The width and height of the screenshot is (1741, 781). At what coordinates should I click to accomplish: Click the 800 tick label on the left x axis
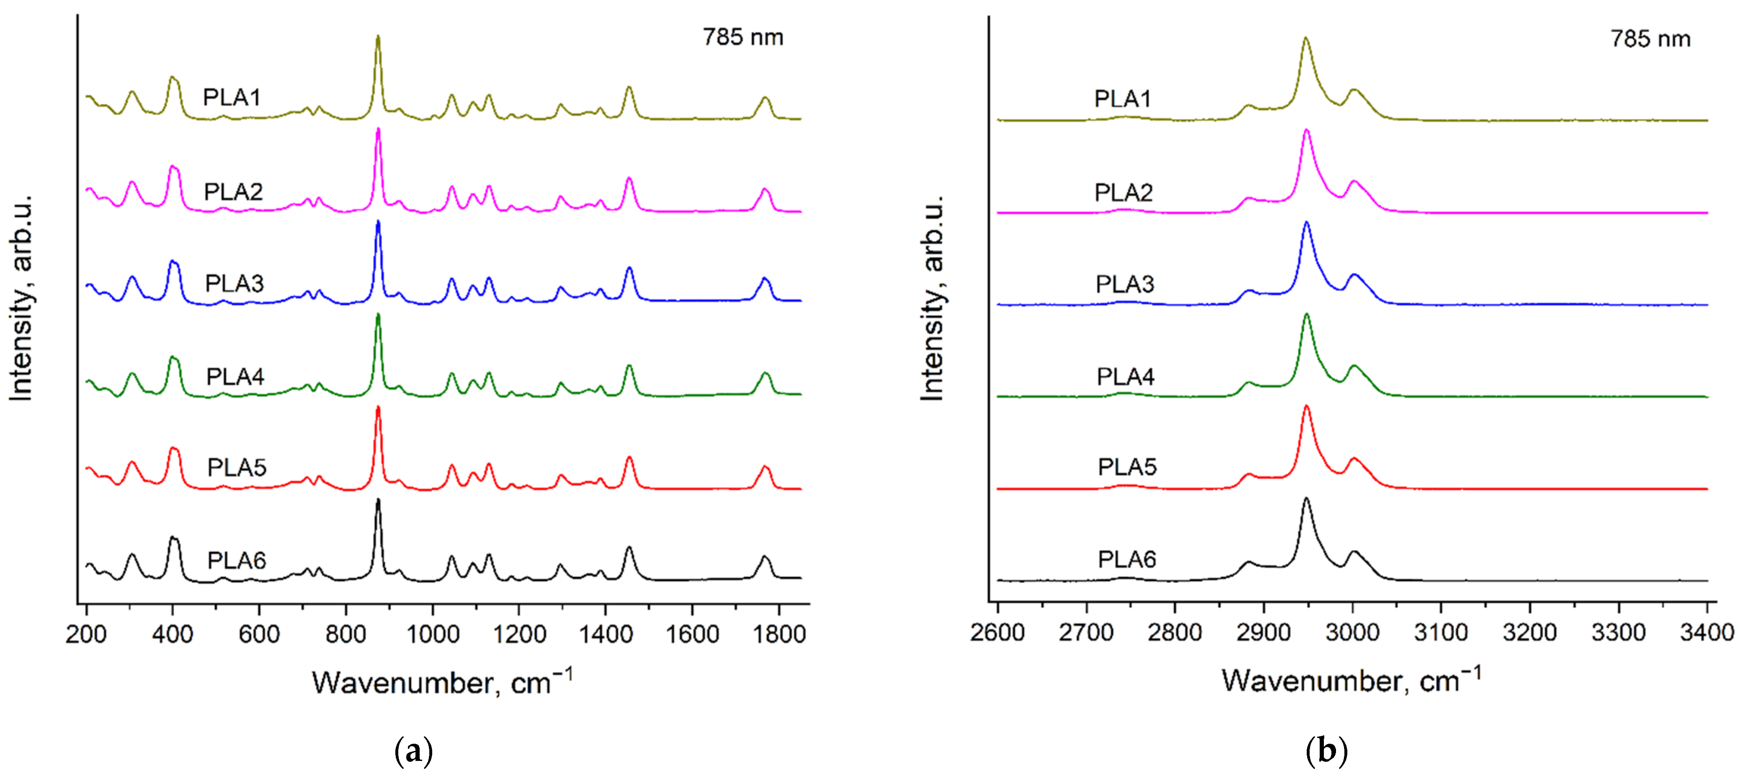(346, 635)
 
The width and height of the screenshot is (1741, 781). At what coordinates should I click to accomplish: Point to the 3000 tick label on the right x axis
(1352, 632)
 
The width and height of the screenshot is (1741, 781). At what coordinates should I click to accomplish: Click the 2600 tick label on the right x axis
(998, 632)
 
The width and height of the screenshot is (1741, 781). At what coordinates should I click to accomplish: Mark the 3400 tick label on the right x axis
(1707, 632)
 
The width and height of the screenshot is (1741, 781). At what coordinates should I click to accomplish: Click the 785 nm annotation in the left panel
(743, 37)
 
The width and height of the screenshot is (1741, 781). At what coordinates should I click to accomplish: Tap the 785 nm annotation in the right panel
(1651, 39)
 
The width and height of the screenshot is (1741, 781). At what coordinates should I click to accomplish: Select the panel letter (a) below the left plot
(413, 751)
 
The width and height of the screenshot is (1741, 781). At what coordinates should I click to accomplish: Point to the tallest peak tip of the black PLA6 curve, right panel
(1306, 499)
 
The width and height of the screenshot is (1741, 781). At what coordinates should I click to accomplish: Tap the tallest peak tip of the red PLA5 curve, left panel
(378, 407)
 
